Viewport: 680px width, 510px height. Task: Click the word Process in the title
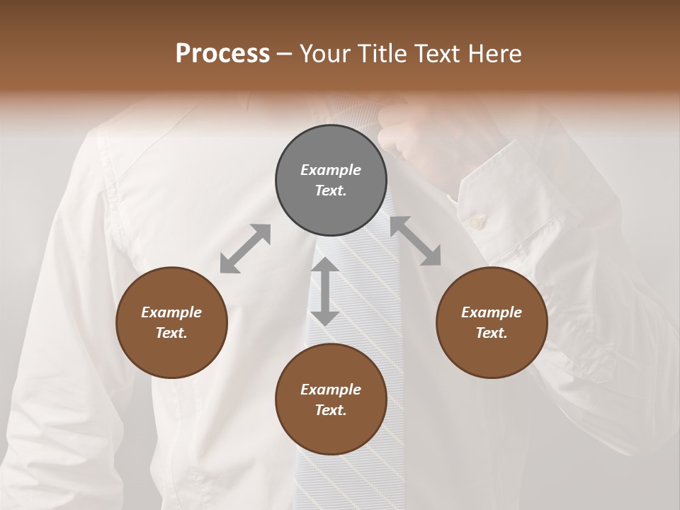pyautogui.click(x=222, y=54)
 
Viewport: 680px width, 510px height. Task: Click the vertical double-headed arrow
pyautogui.click(x=324, y=291)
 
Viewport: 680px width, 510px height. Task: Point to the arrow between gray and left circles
pyautogui.click(x=245, y=249)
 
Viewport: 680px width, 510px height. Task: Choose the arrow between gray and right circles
pyautogui.click(x=416, y=241)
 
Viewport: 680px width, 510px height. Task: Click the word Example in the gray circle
pyautogui.click(x=331, y=170)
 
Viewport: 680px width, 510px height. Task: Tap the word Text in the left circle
pyautogui.click(x=171, y=334)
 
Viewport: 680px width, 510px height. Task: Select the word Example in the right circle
pyautogui.click(x=492, y=312)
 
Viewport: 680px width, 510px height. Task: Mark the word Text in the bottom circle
pyautogui.click(x=331, y=411)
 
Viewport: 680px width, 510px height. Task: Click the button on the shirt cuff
pyautogui.click(x=476, y=222)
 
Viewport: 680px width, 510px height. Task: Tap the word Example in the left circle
pyautogui.click(x=171, y=312)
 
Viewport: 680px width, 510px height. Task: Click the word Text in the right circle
pyautogui.click(x=492, y=334)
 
